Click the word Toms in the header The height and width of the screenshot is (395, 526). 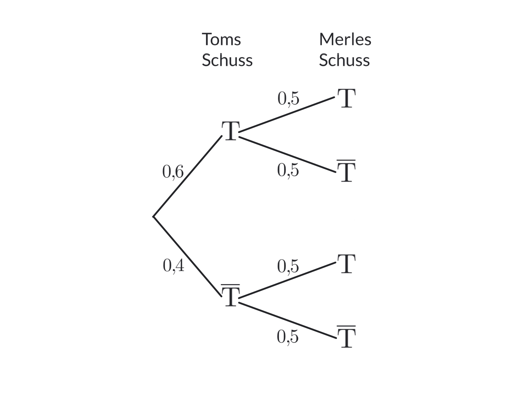[x=221, y=40]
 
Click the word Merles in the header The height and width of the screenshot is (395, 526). [x=345, y=40]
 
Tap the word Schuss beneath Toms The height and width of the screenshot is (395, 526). [x=227, y=60]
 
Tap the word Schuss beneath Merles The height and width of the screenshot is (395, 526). [x=344, y=60]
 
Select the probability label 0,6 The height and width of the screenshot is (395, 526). [x=173, y=172]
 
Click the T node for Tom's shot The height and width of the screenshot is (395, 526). [x=231, y=131]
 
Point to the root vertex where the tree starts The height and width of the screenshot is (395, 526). [x=153, y=217]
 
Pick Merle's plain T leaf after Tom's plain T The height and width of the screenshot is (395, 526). [x=346, y=98]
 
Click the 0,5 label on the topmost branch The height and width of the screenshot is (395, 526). [x=288, y=98]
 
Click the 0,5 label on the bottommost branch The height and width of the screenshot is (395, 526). [x=288, y=336]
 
